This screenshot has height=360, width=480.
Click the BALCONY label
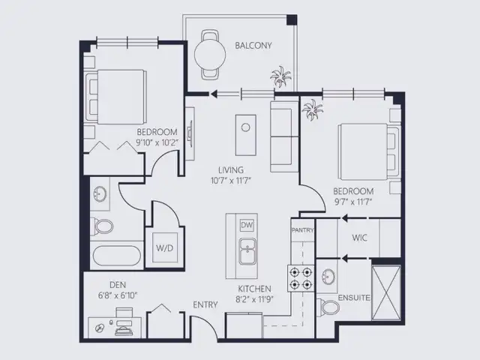(253, 46)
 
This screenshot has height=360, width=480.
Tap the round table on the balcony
(210, 55)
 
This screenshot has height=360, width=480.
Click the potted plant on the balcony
(280, 76)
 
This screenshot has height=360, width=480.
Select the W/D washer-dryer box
(165, 247)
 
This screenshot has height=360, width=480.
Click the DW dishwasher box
(247, 226)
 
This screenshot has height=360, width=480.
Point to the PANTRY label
(303, 230)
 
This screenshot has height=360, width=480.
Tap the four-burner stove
(301, 278)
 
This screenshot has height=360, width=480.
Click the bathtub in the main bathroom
(117, 256)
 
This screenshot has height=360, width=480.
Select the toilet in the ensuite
(328, 307)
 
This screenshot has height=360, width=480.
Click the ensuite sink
(328, 277)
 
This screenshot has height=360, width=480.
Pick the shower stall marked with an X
(386, 293)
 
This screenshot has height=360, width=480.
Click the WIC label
(359, 238)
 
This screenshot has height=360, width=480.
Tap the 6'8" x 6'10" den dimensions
(118, 295)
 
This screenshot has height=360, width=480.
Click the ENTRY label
(205, 304)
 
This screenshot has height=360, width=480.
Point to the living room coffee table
(246, 135)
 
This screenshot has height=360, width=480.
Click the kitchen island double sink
(247, 251)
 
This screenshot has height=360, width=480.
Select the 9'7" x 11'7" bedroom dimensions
(353, 202)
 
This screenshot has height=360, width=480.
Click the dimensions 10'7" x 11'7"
(231, 181)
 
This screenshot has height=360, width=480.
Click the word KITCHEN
(255, 289)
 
